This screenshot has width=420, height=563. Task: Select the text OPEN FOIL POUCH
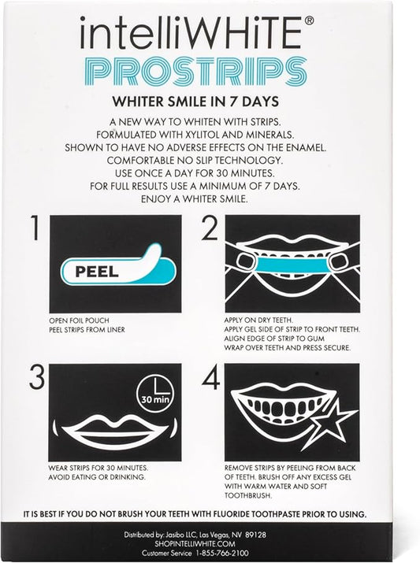coord(76,320)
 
